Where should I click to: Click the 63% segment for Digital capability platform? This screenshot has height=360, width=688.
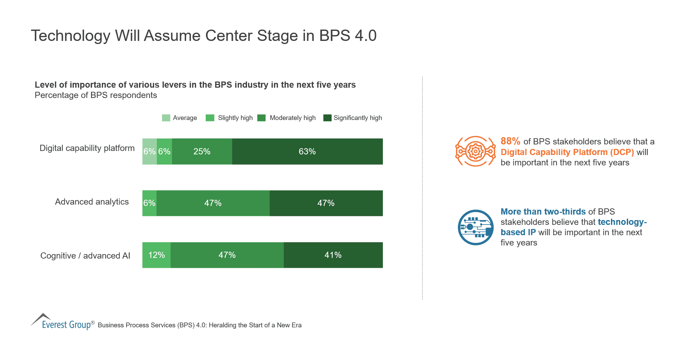tap(307, 152)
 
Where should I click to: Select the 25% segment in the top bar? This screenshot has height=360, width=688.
tap(202, 152)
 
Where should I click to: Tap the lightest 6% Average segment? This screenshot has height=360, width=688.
tap(149, 152)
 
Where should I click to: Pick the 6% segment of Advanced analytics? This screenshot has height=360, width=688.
tap(149, 203)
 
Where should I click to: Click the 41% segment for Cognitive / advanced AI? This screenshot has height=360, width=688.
tap(333, 255)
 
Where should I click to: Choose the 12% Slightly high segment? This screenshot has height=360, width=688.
tap(157, 255)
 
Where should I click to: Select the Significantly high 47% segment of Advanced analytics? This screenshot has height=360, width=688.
tap(326, 203)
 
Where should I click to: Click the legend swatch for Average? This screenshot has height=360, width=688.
tap(166, 118)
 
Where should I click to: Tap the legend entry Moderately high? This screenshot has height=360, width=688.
tap(292, 118)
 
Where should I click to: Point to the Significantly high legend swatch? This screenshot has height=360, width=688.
tap(327, 118)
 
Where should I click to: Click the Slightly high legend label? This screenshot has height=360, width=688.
tap(235, 118)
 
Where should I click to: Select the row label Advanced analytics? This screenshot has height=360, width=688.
tap(92, 202)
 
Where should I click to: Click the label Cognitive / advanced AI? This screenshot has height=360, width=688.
tap(85, 256)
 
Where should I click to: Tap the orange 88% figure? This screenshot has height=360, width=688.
tap(510, 141)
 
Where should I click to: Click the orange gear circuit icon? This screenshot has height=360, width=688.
tap(475, 151)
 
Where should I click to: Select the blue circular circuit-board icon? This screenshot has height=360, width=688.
tap(476, 227)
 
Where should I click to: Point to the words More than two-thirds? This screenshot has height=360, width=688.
tap(543, 212)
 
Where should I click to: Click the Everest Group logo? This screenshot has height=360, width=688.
tap(62, 323)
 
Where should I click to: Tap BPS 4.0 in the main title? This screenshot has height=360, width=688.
tap(347, 36)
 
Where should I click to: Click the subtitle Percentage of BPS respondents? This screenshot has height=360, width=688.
tap(96, 95)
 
